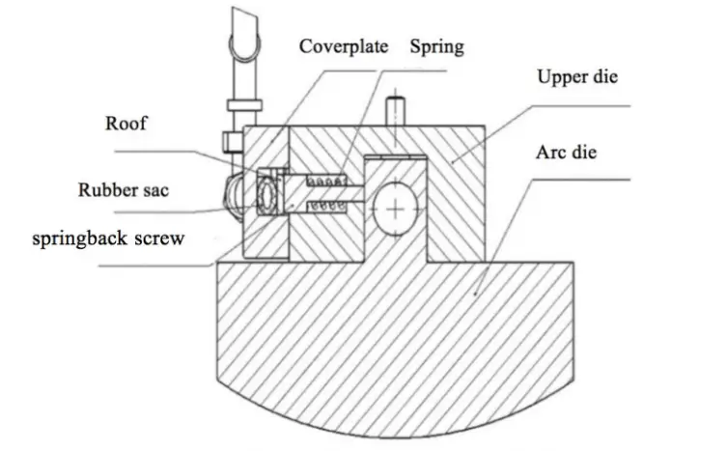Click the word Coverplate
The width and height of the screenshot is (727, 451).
click(x=344, y=46)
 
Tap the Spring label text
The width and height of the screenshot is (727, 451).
click(x=437, y=46)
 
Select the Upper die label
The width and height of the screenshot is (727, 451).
click(x=576, y=77)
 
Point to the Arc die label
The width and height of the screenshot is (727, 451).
click(x=572, y=155)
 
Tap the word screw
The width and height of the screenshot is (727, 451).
click(x=161, y=238)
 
